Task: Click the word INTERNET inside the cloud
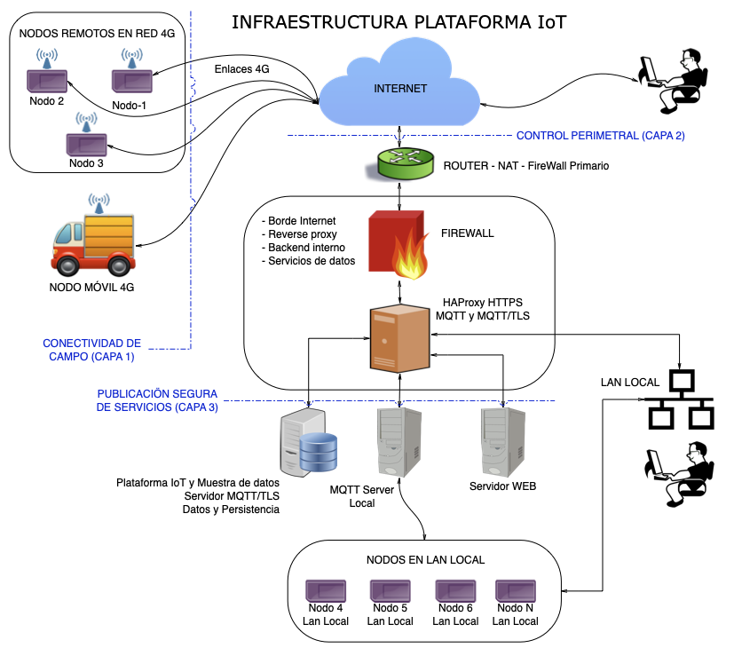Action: pos(400,89)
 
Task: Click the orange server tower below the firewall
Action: pos(399,338)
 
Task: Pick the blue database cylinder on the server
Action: pos(319,453)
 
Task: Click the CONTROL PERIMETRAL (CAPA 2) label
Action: pos(600,136)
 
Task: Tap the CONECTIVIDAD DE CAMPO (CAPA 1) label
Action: pos(91,349)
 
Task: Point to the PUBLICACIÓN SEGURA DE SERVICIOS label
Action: pos(157,400)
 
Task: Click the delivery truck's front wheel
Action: pos(67,262)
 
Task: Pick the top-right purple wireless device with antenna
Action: pos(132,81)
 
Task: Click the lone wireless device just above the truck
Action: pos(87,144)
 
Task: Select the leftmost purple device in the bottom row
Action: pos(326,590)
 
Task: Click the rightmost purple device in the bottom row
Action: pos(515,590)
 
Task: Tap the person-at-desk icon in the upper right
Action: pos(674,81)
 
